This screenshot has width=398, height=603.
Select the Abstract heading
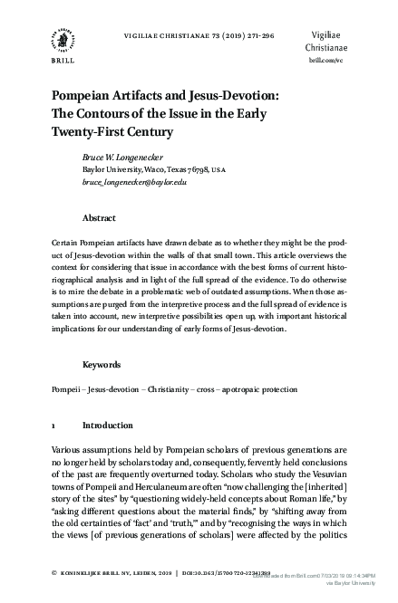point(99,218)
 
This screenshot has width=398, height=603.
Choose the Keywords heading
point(102,365)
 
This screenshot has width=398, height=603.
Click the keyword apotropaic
point(236,389)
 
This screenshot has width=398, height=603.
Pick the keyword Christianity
point(160,389)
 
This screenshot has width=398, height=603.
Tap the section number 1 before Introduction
point(53,424)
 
